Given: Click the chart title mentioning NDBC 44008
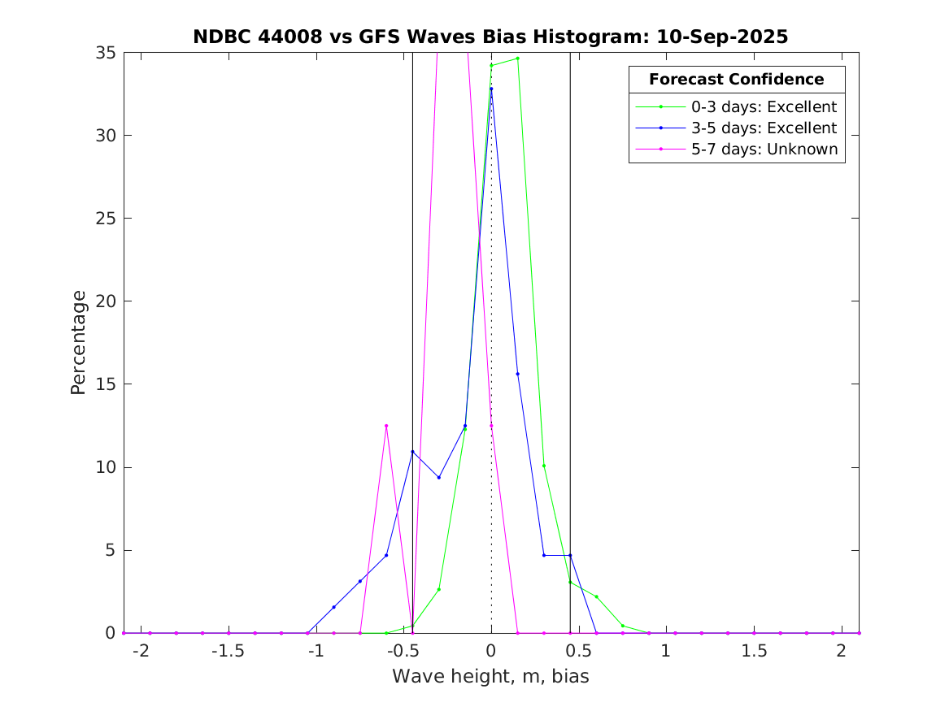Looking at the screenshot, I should pos(490,37).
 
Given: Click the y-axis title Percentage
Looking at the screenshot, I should pos(78,342).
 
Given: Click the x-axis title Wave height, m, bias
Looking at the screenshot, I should pos(490,676).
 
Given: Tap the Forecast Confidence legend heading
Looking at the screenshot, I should pos(736,80).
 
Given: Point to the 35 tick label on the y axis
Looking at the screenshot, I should pos(107,53).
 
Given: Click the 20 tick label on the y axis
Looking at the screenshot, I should pos(107,301).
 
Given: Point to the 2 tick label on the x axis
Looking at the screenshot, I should pos(841,651).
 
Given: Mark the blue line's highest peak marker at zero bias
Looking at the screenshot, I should pos(491,89).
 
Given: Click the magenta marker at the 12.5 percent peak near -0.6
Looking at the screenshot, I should pos(386,426).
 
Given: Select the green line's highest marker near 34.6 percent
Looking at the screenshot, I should pos(517,59).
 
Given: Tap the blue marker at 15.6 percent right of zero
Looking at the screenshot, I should pos(517,374).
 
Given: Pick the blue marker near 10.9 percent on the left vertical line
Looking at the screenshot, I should pos(412,452).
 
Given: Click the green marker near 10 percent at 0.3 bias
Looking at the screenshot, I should pos(544,466).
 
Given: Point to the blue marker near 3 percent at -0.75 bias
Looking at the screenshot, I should pos(360,581).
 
